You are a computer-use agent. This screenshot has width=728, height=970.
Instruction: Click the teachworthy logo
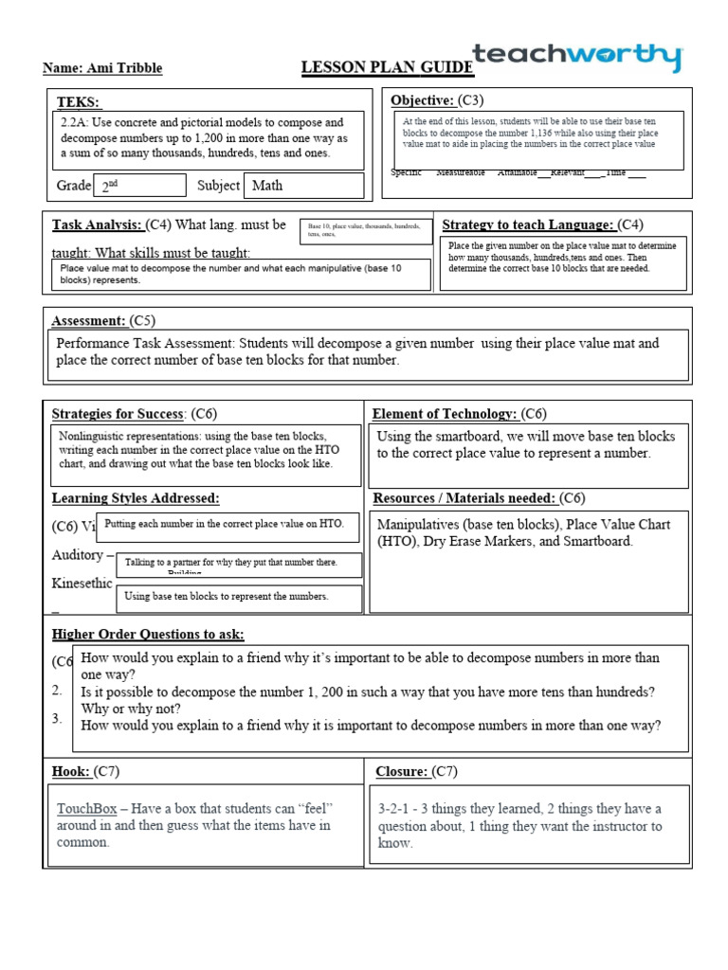(576, 58)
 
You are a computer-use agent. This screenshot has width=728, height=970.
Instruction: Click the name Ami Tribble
(102, 68)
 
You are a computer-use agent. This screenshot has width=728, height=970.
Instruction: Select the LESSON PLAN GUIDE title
(387, 67)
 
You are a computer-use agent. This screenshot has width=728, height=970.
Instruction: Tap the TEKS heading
(79, 102)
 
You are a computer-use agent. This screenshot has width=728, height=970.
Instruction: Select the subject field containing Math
(303, 186)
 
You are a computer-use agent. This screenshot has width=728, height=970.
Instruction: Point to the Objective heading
(422, 100)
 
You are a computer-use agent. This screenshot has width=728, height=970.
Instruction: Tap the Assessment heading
(88, 321)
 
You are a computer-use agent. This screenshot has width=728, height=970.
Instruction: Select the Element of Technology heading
(445, 414)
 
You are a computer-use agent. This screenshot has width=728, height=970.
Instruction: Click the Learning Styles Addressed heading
(136, 498)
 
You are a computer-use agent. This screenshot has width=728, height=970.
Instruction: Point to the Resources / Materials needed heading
(464, 498)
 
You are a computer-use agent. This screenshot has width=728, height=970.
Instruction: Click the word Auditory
(78, 555)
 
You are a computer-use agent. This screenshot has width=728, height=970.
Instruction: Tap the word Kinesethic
(81, 584)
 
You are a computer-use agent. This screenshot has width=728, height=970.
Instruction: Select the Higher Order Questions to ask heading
(148, 635)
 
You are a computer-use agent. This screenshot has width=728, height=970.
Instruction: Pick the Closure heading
(402, 772)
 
